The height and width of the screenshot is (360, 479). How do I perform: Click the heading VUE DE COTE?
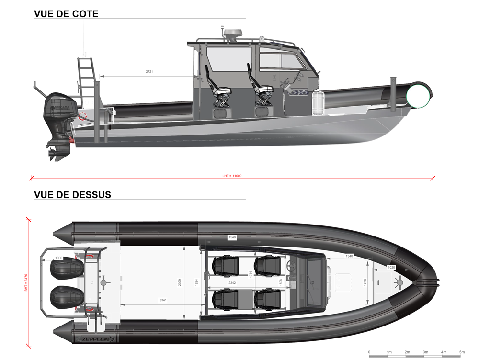[x=66, y=14]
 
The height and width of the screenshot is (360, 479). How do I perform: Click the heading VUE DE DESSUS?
[x=72, y=195]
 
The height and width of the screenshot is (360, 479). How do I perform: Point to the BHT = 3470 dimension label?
[x=26, y=282]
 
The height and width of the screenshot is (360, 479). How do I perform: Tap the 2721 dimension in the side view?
[x=149, y=72]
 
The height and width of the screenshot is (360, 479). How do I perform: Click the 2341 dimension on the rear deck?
[x=163, y=300]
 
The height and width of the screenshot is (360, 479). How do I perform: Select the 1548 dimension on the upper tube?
[x=232, y=237]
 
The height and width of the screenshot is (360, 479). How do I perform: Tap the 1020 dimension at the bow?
[x=391, y=267]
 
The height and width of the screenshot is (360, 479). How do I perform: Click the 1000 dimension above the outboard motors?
[x=58, y=258]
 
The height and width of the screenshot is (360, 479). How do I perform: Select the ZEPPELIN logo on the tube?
[x=96, y=339]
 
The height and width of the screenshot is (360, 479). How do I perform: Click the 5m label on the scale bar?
[x=462, y=352]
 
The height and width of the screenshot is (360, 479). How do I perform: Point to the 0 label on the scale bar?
[x=369, y=352]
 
